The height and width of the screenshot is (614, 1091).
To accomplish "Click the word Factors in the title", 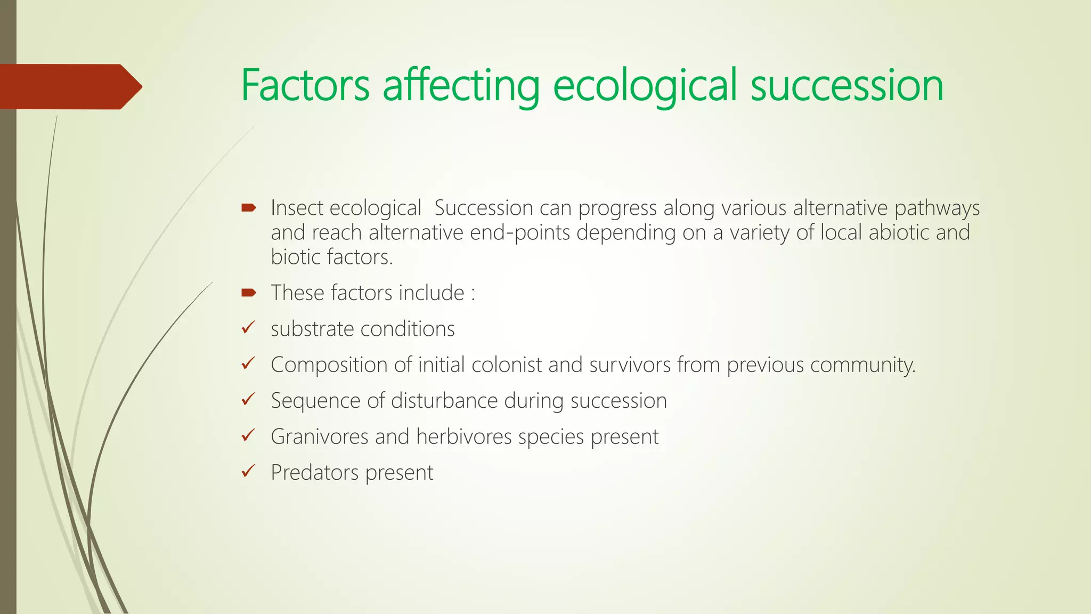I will (305, 85).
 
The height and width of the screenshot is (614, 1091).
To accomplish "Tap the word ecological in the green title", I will (645, 85).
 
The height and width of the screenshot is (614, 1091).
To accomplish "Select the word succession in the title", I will (847, 85).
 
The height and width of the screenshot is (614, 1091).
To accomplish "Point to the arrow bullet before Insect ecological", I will (249, 208).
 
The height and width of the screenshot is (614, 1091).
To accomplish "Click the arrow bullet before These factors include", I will (249, 293).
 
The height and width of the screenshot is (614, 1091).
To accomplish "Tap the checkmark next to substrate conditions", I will (248, 328).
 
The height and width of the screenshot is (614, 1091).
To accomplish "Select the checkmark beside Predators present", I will (248, 471).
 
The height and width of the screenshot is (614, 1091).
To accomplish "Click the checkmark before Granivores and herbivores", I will (248, 435).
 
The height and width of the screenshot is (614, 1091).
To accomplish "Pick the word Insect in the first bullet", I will (296, 208).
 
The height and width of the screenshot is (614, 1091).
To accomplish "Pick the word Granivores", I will (319, 437).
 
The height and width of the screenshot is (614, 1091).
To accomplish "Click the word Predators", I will (314, 473).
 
